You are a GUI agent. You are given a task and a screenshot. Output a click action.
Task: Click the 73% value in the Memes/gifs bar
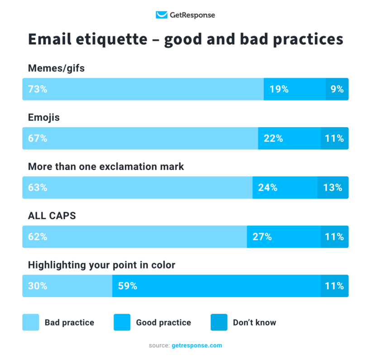pos(38,89)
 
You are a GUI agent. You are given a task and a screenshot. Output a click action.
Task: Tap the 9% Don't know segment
pos(337,89)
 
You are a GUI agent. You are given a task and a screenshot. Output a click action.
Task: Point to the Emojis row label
pos(44,117)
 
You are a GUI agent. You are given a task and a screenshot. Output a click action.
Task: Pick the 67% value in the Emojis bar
pos(38,139)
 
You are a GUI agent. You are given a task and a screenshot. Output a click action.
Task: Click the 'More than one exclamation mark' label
pos(106,167)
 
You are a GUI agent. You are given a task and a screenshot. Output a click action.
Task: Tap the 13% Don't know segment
pos(333,187)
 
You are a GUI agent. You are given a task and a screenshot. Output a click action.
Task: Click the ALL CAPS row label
pos(52,216)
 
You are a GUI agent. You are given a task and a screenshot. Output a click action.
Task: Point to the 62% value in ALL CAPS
pos(38,237)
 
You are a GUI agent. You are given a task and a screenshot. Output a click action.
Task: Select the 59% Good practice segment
pos(216,286)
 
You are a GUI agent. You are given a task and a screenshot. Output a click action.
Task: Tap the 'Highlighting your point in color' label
pos(101,265)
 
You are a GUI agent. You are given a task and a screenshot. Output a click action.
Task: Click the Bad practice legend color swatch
pos(31,322)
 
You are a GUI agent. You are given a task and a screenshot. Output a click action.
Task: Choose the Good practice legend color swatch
pos(122,322)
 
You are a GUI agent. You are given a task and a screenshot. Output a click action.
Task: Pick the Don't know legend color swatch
pos(219,322)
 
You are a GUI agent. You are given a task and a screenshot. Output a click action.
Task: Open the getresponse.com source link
pos(197,346)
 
